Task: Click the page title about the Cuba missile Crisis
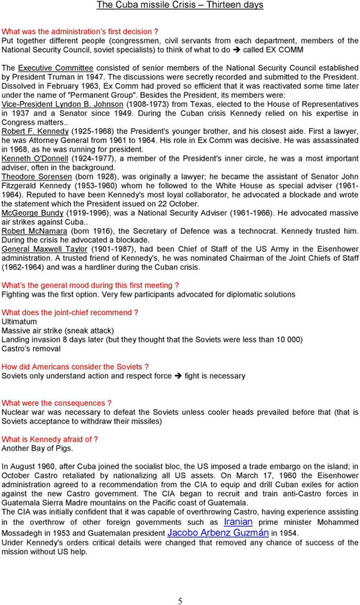180,5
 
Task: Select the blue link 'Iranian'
238,521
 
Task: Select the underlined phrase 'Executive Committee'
56,67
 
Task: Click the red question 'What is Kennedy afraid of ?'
50,439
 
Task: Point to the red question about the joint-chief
70,312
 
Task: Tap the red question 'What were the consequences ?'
57,403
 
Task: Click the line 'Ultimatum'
19,321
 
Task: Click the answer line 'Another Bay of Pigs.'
37,448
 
